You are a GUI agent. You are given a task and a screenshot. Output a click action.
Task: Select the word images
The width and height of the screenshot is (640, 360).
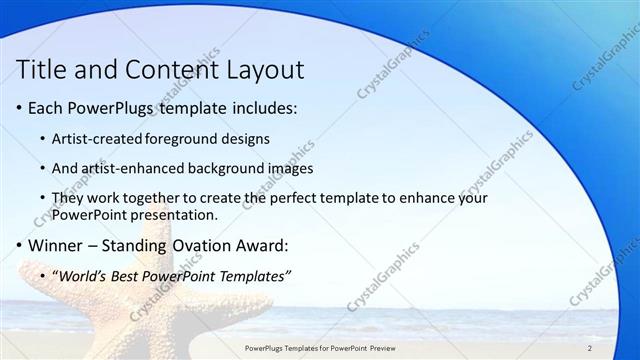pyautogui.click(x=284, y=169)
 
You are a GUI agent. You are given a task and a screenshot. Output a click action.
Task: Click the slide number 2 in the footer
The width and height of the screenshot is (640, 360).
pyautogui.click(x=590, y=348)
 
